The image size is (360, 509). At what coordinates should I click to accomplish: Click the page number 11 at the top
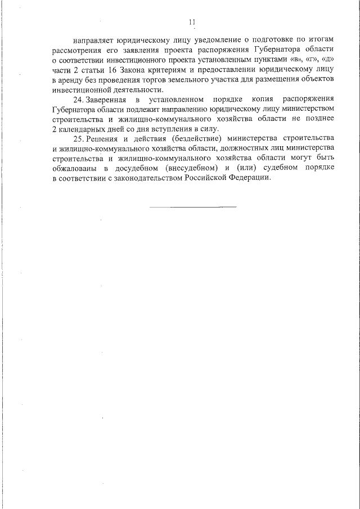(192, 22)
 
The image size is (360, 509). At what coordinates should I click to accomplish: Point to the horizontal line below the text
(193, 206)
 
